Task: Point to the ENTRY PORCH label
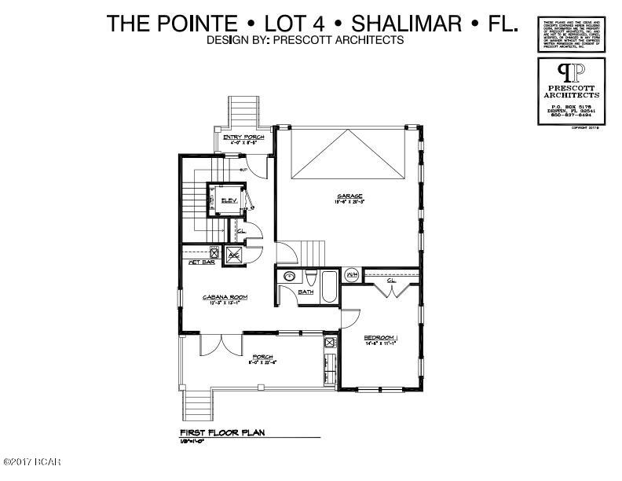(x=243, y=138)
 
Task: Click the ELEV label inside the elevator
(x=229, y=200)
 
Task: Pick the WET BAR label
(x=202, y=262)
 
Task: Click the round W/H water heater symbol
(x=352, y=274)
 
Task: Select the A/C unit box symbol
(x=234, y=254)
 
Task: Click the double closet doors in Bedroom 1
(x=391, y=292)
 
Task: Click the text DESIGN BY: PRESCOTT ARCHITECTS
(x=305, y=40)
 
